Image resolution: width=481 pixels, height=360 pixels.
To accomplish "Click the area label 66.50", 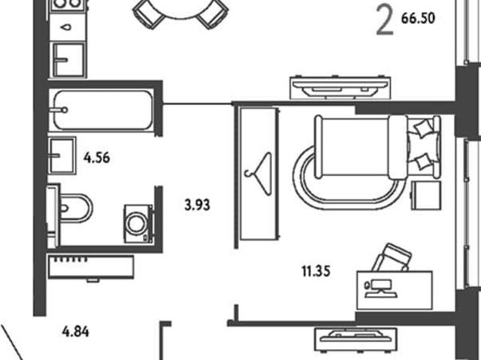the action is (418, 18).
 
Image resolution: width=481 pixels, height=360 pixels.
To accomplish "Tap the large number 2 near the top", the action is (385, 22).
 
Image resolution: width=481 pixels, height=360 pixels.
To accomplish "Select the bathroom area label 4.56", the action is (97, 158).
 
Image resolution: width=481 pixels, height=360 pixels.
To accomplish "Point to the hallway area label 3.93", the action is (197, 205).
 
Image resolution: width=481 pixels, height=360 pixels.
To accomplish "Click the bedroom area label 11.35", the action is (316, 271).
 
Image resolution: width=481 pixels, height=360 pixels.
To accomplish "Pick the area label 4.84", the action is (75, 331).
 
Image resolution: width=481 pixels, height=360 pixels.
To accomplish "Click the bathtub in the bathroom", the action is (103, 110).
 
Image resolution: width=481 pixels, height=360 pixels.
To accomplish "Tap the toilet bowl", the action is (75, 208).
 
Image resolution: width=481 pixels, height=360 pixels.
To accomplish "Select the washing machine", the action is (138, 224).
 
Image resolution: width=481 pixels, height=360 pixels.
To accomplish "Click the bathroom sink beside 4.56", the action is (62, 156).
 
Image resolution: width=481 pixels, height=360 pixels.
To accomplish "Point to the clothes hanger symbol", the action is (259, 174).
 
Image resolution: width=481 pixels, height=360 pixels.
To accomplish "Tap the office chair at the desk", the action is (392, 257).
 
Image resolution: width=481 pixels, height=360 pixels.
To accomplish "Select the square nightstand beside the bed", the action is (426, 195).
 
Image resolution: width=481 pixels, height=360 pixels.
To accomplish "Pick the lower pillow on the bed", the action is (423, 162).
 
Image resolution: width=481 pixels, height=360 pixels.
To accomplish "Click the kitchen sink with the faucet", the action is (68, 60).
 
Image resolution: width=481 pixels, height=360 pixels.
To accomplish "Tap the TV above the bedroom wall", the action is (340, 86).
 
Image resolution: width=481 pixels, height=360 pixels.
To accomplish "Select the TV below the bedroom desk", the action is (355, 339).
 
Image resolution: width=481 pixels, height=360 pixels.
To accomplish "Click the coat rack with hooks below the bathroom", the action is (91, 268).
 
